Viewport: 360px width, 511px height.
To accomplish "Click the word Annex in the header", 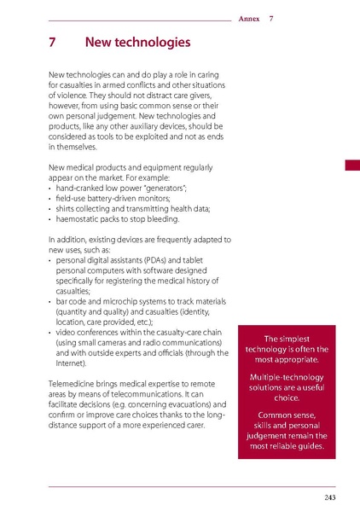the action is (x=250, y=18).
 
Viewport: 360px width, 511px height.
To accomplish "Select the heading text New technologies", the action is (x=137, y=42).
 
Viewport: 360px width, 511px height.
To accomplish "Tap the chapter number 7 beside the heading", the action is (x=53, y=42).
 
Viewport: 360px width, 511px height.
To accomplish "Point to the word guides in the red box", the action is (x=312, y=445).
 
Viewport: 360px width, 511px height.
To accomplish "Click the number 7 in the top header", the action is (x=271, y=18).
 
